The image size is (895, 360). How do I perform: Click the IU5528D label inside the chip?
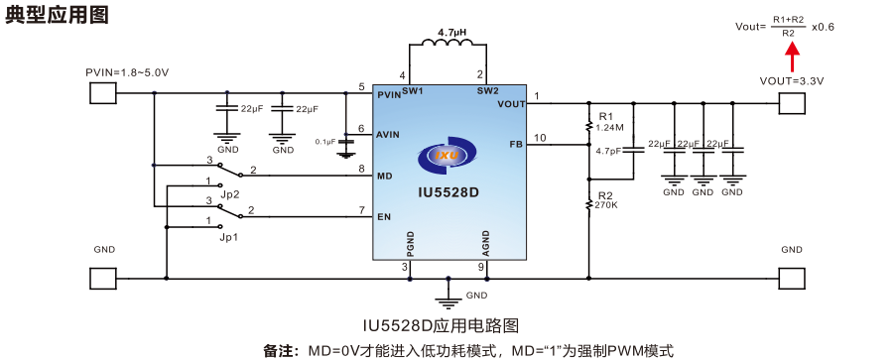448,192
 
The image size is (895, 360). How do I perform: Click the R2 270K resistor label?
606,200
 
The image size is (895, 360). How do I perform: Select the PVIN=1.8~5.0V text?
127,73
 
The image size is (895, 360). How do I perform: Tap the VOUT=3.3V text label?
791,80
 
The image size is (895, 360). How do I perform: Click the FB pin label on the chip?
515,144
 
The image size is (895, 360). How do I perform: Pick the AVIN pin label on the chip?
388,134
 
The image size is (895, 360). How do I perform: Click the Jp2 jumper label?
229,193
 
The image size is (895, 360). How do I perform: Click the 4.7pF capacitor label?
608,152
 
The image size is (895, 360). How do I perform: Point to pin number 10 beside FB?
540,137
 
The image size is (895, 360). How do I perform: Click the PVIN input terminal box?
103,94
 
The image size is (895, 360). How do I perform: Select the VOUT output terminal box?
791,103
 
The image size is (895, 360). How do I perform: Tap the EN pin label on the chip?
383,216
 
